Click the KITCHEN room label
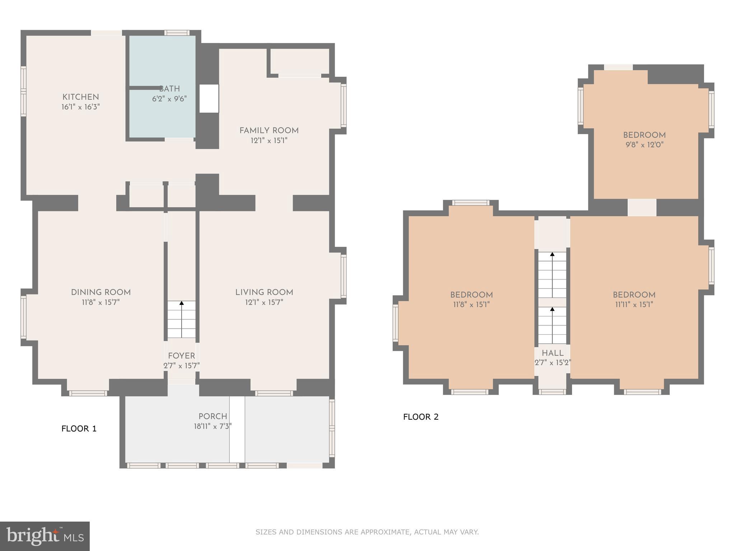pos(81,97)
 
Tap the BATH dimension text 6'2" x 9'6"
pos(169,99)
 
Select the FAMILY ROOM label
pos(269,131)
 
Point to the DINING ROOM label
pos(101,292)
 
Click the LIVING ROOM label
pos(264,292)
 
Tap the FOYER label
pos(182,356)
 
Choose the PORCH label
pos(213,416)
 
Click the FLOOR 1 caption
pos(79,429)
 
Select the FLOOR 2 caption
pos(421,417)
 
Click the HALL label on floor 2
pos(553,353)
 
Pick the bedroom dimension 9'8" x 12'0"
pos(645,145)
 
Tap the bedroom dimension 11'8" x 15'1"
pos(472,305)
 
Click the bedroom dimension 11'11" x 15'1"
pos(634,305)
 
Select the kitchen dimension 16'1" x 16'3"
pos(81,107)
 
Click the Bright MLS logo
pos(45,536)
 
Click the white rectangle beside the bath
pos(209,99)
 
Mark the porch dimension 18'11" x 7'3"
pos(213,426)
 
